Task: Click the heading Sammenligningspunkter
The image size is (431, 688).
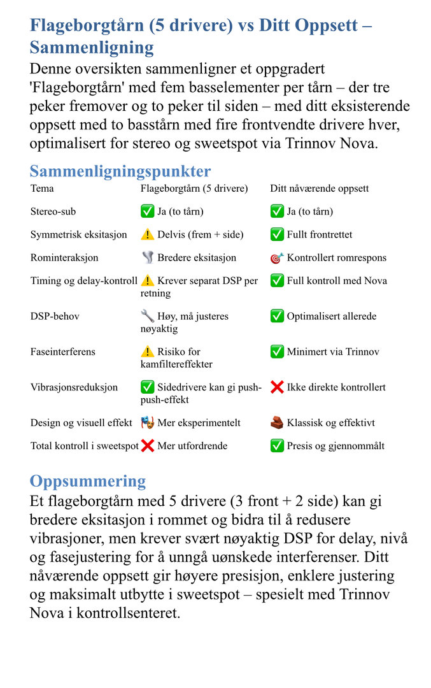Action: tap(120, 171)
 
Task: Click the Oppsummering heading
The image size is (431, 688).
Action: tap(87, 481)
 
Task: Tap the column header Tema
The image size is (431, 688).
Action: tap(42, 189)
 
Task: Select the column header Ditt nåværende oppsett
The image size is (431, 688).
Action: tap(319, 189)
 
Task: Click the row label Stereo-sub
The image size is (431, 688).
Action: tap(53, 211)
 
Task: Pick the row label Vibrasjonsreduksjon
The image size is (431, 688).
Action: tap(74, 387)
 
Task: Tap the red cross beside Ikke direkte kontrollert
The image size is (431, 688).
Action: tap(277, 387)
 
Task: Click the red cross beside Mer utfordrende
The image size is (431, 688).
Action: tap(148, 446)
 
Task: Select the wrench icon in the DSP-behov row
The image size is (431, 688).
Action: tap(148, 316)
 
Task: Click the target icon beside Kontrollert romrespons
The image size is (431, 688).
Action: tap(277, 258)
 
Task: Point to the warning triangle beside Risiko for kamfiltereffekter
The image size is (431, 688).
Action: tap(148, 352)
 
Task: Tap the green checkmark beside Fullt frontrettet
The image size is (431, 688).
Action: tap(277, 234)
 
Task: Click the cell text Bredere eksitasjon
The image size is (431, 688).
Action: tap(197, 258)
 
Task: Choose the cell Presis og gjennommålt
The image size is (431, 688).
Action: tap(336, 446)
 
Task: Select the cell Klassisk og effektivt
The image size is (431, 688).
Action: tap(330, 423)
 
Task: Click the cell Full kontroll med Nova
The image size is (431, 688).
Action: tap(337, 281)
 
